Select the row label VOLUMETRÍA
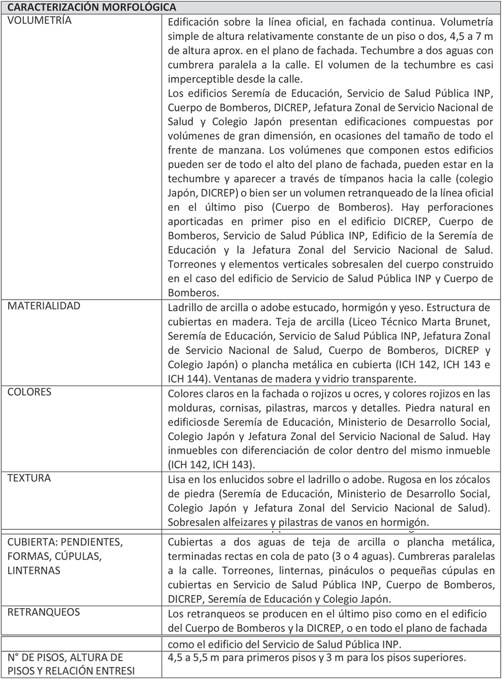tap(39, 20)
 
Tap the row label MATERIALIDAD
tap(44, 306)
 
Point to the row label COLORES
tap(29, 392)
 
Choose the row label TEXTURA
tap(29, 478)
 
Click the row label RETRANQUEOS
tap(44, 612)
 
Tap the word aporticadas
tap(195, 222)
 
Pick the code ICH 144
tap(186, 379)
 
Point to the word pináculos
tap(356, 571)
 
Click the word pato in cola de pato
tap(319, 556)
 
